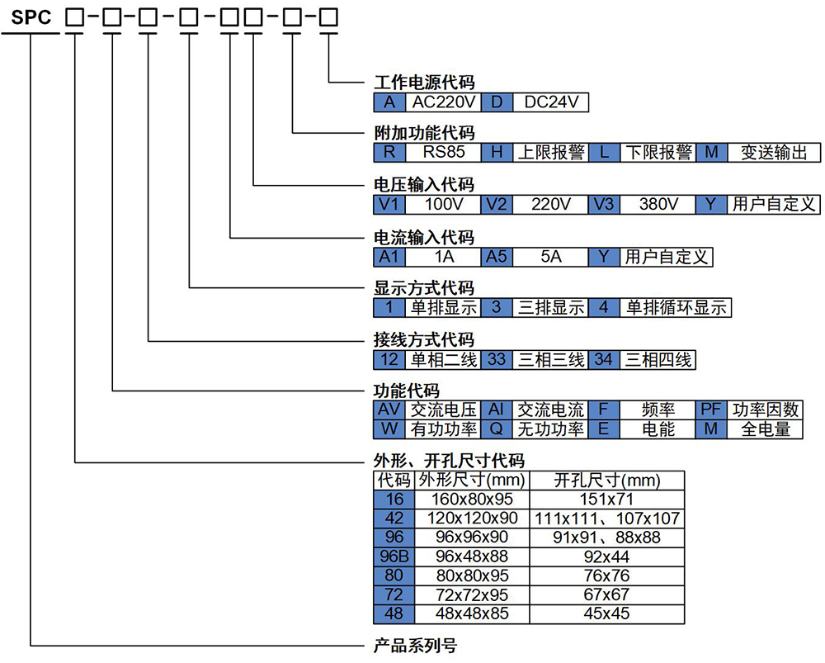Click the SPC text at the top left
click(31, 17)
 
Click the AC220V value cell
click(445, 102)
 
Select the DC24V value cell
click(550, 102)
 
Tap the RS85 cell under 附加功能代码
click(444, 153)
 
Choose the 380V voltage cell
click(658, 204)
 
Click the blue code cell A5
click(496, 256)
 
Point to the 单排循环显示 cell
click(676, 307)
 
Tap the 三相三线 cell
click(550, 359)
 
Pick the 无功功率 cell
click(550, 429)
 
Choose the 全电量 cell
click(766, 429)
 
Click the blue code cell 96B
click(394, 556)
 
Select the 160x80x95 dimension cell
click(472, 499)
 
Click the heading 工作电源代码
click(424, 83)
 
